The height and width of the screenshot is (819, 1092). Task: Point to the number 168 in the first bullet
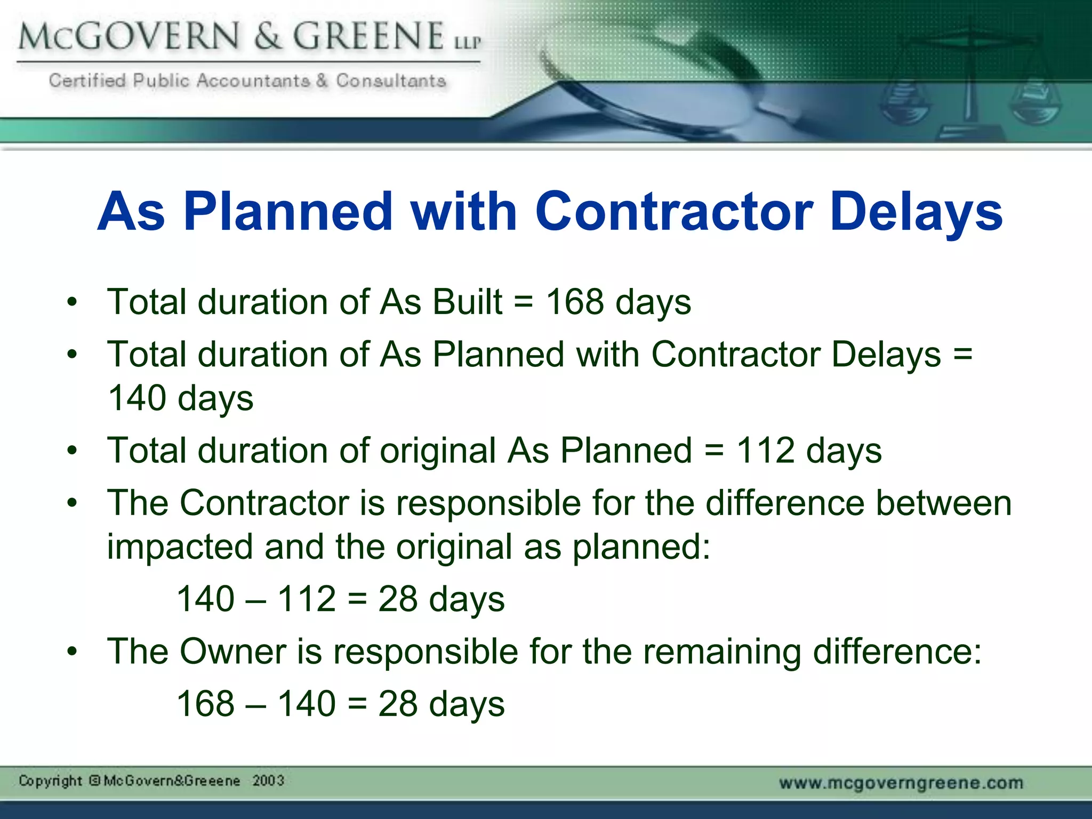575,302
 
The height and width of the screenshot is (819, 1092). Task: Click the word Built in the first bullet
467,302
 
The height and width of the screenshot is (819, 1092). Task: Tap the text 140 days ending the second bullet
180,398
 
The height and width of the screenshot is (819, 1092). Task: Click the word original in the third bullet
438,451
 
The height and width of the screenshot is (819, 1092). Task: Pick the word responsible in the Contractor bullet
488,503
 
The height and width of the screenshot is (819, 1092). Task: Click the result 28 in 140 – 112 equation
398,598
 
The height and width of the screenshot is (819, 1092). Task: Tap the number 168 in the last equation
205,703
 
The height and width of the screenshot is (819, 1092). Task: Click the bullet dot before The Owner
72,651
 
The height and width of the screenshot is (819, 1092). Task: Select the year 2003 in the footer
268,781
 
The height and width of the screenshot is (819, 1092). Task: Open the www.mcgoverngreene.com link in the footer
901,783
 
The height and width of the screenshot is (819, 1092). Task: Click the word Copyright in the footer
50,781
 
